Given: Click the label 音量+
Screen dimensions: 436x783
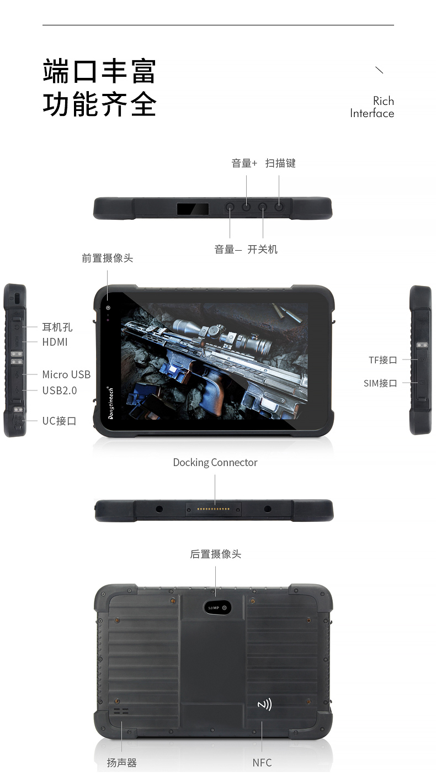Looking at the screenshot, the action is click(x=244, y=163).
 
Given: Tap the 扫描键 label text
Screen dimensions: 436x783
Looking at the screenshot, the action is click(x=280, y=163).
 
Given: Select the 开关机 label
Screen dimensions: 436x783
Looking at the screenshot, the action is click(x=262, y=250).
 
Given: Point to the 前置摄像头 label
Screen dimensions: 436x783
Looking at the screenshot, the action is click(x=107, y=258).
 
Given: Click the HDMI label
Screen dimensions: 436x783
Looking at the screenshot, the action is click(x=55, y=342).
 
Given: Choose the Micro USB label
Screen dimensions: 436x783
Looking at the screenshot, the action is click(x=66, y=374).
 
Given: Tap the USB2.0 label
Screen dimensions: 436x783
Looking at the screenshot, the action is click(x=60, y=390).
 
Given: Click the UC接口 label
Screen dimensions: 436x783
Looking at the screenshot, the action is click(x=59, y=421).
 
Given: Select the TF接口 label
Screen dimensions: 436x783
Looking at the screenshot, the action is click(x=383, y=360).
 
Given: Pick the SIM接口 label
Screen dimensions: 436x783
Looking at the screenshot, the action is click(x=380, y=383).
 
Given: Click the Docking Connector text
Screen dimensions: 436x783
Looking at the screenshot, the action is click(x=215, y=463).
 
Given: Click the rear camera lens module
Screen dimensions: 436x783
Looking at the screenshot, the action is click(x=217, y=607).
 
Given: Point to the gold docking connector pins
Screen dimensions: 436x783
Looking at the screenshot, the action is click(x=213, y=509).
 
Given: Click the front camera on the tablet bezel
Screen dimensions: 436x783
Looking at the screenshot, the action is click(x=108, y=308).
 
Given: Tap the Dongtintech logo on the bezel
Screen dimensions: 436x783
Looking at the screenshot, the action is click(x=111, y=403).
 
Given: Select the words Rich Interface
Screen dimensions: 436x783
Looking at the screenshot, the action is click(x=372, y=107).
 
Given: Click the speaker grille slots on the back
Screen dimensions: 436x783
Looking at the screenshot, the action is click(x=121, y=711).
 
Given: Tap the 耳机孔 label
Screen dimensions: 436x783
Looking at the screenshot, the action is click(x=57, y=327).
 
